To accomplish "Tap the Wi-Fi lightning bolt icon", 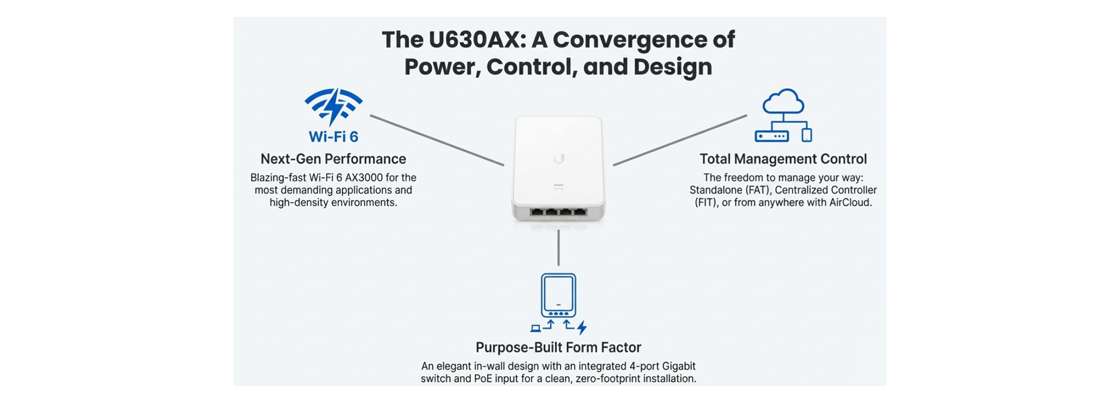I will coord(334,106).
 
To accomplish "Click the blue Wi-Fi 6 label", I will coord(333,137).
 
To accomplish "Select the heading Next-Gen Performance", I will coord(333,159).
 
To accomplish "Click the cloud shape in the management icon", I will coord(783,102).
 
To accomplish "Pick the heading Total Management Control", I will coord(783,159).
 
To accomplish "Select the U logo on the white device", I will coord(559,159).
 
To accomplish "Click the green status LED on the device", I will coord(558,185).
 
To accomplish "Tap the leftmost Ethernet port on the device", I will coord(537,211).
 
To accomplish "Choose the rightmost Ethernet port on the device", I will coord(579,211).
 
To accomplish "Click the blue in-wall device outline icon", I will coord(558,295).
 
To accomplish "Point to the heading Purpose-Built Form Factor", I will coord(558,348).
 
